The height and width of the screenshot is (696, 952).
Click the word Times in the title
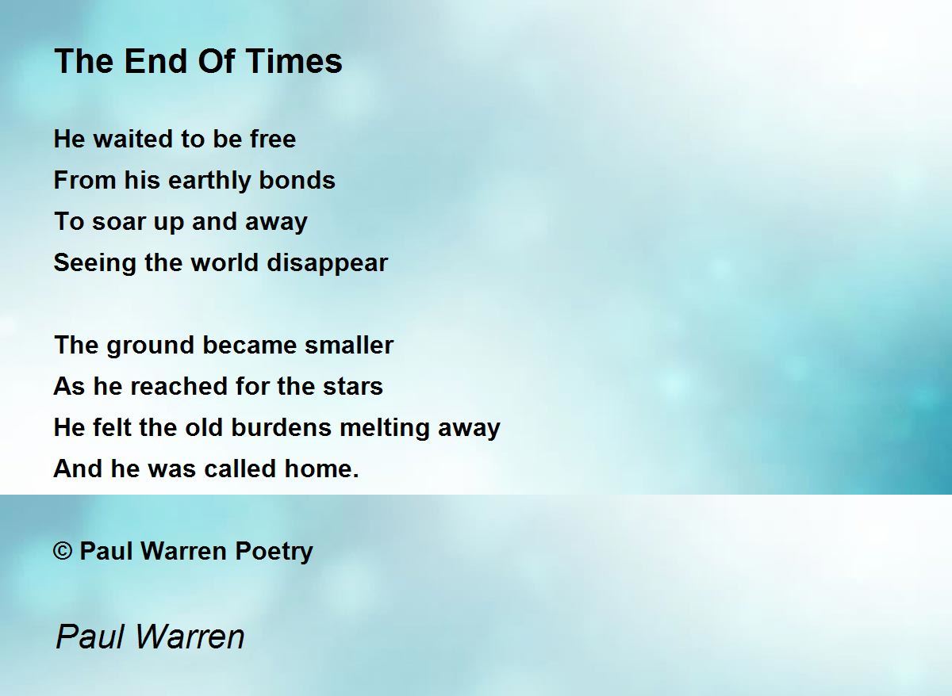click(294, 61)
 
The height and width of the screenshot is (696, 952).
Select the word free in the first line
click(273, 139)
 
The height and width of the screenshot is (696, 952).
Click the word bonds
click(297, 180)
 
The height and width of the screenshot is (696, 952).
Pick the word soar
click(119, 222)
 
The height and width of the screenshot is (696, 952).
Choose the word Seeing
click(94, 263)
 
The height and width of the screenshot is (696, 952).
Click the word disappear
click(327, 263)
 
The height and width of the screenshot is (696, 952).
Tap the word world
click(225, 262)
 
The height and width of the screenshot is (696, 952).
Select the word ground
click(151, 346)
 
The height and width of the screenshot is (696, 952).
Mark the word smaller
click(349, 345)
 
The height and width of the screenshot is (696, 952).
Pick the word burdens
click(281, 427)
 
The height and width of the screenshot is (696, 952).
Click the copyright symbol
click(63, 551)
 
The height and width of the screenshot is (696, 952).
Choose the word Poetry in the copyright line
click(274, 552)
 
